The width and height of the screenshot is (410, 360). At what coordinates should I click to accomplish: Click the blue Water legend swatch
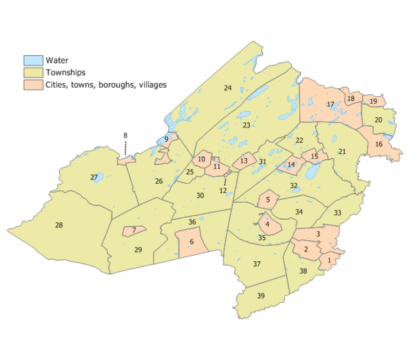pos(33,61)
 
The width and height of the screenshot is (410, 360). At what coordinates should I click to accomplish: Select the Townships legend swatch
pos(33,72)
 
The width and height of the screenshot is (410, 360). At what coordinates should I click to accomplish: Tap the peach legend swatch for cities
pos(33,84)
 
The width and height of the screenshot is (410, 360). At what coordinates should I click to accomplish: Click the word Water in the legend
pos(56,61)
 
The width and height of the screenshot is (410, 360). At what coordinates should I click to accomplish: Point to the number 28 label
pos(59,225)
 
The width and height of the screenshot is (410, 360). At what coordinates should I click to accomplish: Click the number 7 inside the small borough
pos(134,230)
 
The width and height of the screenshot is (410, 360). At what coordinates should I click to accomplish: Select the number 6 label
pos(192,241)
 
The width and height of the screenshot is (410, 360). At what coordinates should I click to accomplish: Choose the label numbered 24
pos(227,88)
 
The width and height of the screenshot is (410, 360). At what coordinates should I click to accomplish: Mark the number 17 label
pos(331,104)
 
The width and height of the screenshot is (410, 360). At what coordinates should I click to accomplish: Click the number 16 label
pos(379,144)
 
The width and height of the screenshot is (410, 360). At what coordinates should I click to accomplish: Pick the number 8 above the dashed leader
pos(126,135)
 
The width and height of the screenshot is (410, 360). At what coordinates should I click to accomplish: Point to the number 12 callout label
pos(223,191)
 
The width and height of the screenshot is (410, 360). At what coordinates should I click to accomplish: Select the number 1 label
pos(329,260)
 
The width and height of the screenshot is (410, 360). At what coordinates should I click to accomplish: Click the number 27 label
pos(94,177)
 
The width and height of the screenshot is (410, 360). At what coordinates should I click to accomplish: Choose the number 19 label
pos(373,101)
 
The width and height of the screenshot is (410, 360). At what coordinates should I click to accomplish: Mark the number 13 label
pos(243,161)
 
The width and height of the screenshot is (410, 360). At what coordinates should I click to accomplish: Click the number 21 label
pos(342,151)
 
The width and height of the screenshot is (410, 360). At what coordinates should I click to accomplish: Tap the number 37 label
pos(257,264)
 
